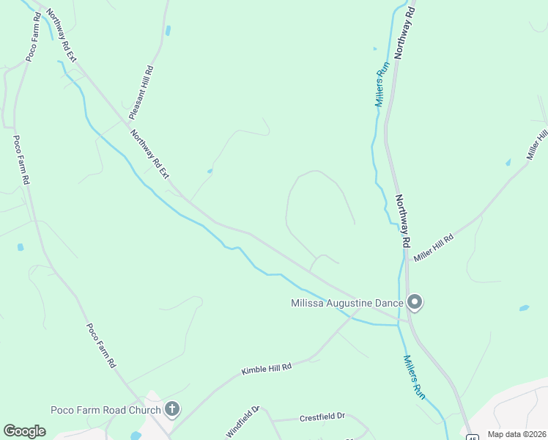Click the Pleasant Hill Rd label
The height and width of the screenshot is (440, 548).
pos(141,92)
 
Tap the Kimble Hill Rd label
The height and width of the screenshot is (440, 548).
pos(267,368)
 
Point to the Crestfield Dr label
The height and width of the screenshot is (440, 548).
pos(322,417)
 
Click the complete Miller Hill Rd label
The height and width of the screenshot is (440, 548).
pos(434,248)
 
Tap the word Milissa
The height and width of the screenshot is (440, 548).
pos(311,303)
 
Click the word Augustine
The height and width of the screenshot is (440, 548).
pos(359,303)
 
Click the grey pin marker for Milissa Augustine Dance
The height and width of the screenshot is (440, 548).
pos(415,301)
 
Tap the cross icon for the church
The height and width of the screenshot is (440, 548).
pos(172,408)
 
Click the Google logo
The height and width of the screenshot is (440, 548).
pos(24,431)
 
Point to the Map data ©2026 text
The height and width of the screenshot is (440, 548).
pos(516,434)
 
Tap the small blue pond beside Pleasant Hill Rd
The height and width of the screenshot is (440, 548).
pos(169,31)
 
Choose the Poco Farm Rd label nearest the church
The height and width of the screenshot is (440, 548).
pos(101,345)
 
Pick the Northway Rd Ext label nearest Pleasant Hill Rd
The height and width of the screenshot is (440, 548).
pos(150,153)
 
